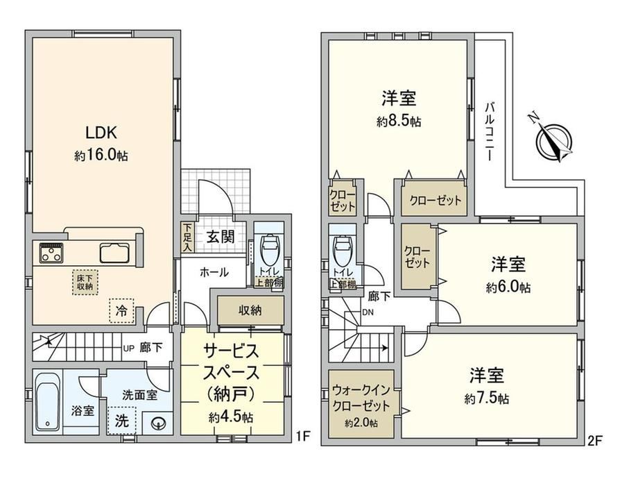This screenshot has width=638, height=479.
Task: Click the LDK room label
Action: (x=101, y=133)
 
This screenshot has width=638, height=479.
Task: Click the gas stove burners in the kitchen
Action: (x=51, y=253)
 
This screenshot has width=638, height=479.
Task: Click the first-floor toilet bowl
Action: (x=268, y=248)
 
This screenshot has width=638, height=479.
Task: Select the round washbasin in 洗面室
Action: (x=158, y=424)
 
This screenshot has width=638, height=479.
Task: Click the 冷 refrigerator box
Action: (x=121, y=311)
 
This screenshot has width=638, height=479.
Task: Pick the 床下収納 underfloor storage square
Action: (x=85, y=283)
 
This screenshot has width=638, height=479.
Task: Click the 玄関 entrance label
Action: (x=220, y=237)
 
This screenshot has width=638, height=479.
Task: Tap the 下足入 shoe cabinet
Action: (x=187, y=237)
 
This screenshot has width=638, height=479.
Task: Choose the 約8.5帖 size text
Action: (x=399, y=121)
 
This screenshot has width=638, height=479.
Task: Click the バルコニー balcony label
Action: (x=490, y=131)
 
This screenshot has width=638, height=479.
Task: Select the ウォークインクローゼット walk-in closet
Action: (x=361, y=404)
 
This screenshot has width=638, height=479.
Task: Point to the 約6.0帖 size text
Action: (x=508, y=287)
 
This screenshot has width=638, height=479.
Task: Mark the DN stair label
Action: (x=368, y=313)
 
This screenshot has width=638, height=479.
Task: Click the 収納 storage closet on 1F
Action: (x=250, y=310)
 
